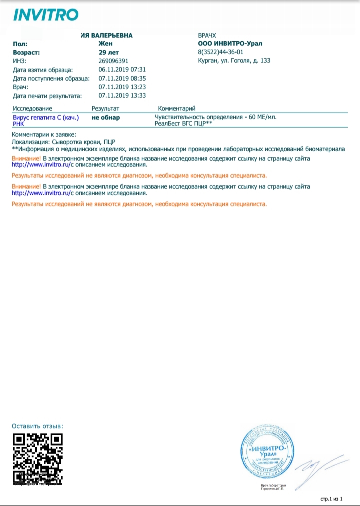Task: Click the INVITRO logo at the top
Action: pyautogui.click(x=45, y=15)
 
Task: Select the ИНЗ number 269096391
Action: pyautogui.click(x=114, y=60)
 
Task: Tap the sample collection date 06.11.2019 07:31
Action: pyautogui.click(x=122, y=70)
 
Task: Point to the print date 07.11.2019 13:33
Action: pyautogui.click(x=122, y=95)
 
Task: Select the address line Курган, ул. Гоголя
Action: pyautogui.click(x=234, y=60)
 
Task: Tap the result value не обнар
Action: pyautogui.click(x=105, y=118)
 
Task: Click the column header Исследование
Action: pyautogui.click(x=32, y=108)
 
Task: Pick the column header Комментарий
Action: pyautogui.click(x=176, y=108)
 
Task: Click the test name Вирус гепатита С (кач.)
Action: pyautogui.click(x=46, y=117)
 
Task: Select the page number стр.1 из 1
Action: pyautogui.click(x=332, y=499)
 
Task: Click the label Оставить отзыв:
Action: pyautogui.click(x=37, y=426)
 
